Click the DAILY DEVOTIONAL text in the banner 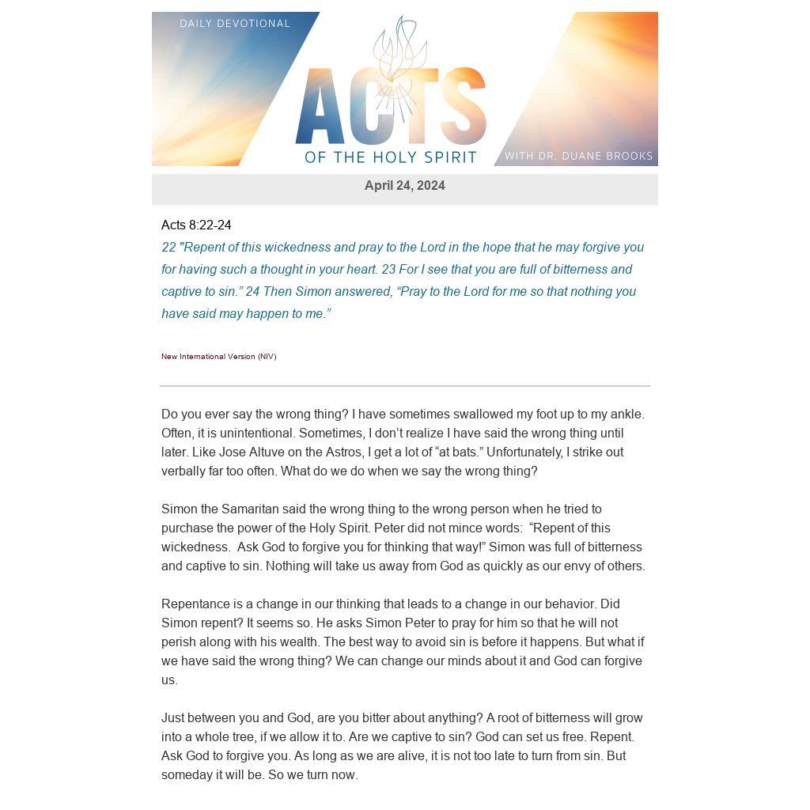pyautogui.click(x=235, y=24)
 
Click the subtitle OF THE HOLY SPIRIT pyautogui.click(x=391, y=157)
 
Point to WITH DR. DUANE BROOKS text pyautogui.click(x=578, y=156)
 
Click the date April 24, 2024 pyautogui.click(x=404, y=186)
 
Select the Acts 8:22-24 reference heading pyautogui.click(x=196, y=225)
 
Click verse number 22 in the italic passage pyautogui.click(x=168, y=248)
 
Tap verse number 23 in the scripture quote pyautogui.click(x=388, y=270)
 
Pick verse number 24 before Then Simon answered pyautogui.click(x=252, y=292)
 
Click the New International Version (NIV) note pyautogui.click(x=218, y=357)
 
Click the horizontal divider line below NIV pyautogui.click(x=404, y=386)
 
